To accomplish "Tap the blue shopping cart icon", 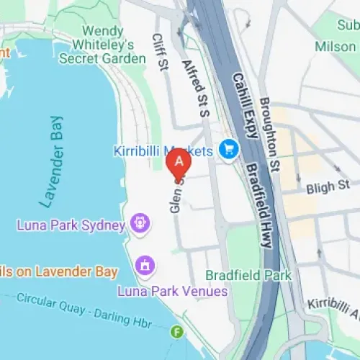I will pos(230,150).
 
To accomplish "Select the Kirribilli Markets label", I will pos(163,151).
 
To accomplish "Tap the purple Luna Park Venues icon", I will pos(145,266).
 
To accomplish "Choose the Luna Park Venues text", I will pos(173,292).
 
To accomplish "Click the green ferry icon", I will pos(177,332).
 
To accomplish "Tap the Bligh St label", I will pos(328,187).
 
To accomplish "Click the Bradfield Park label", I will pos(248,275).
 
